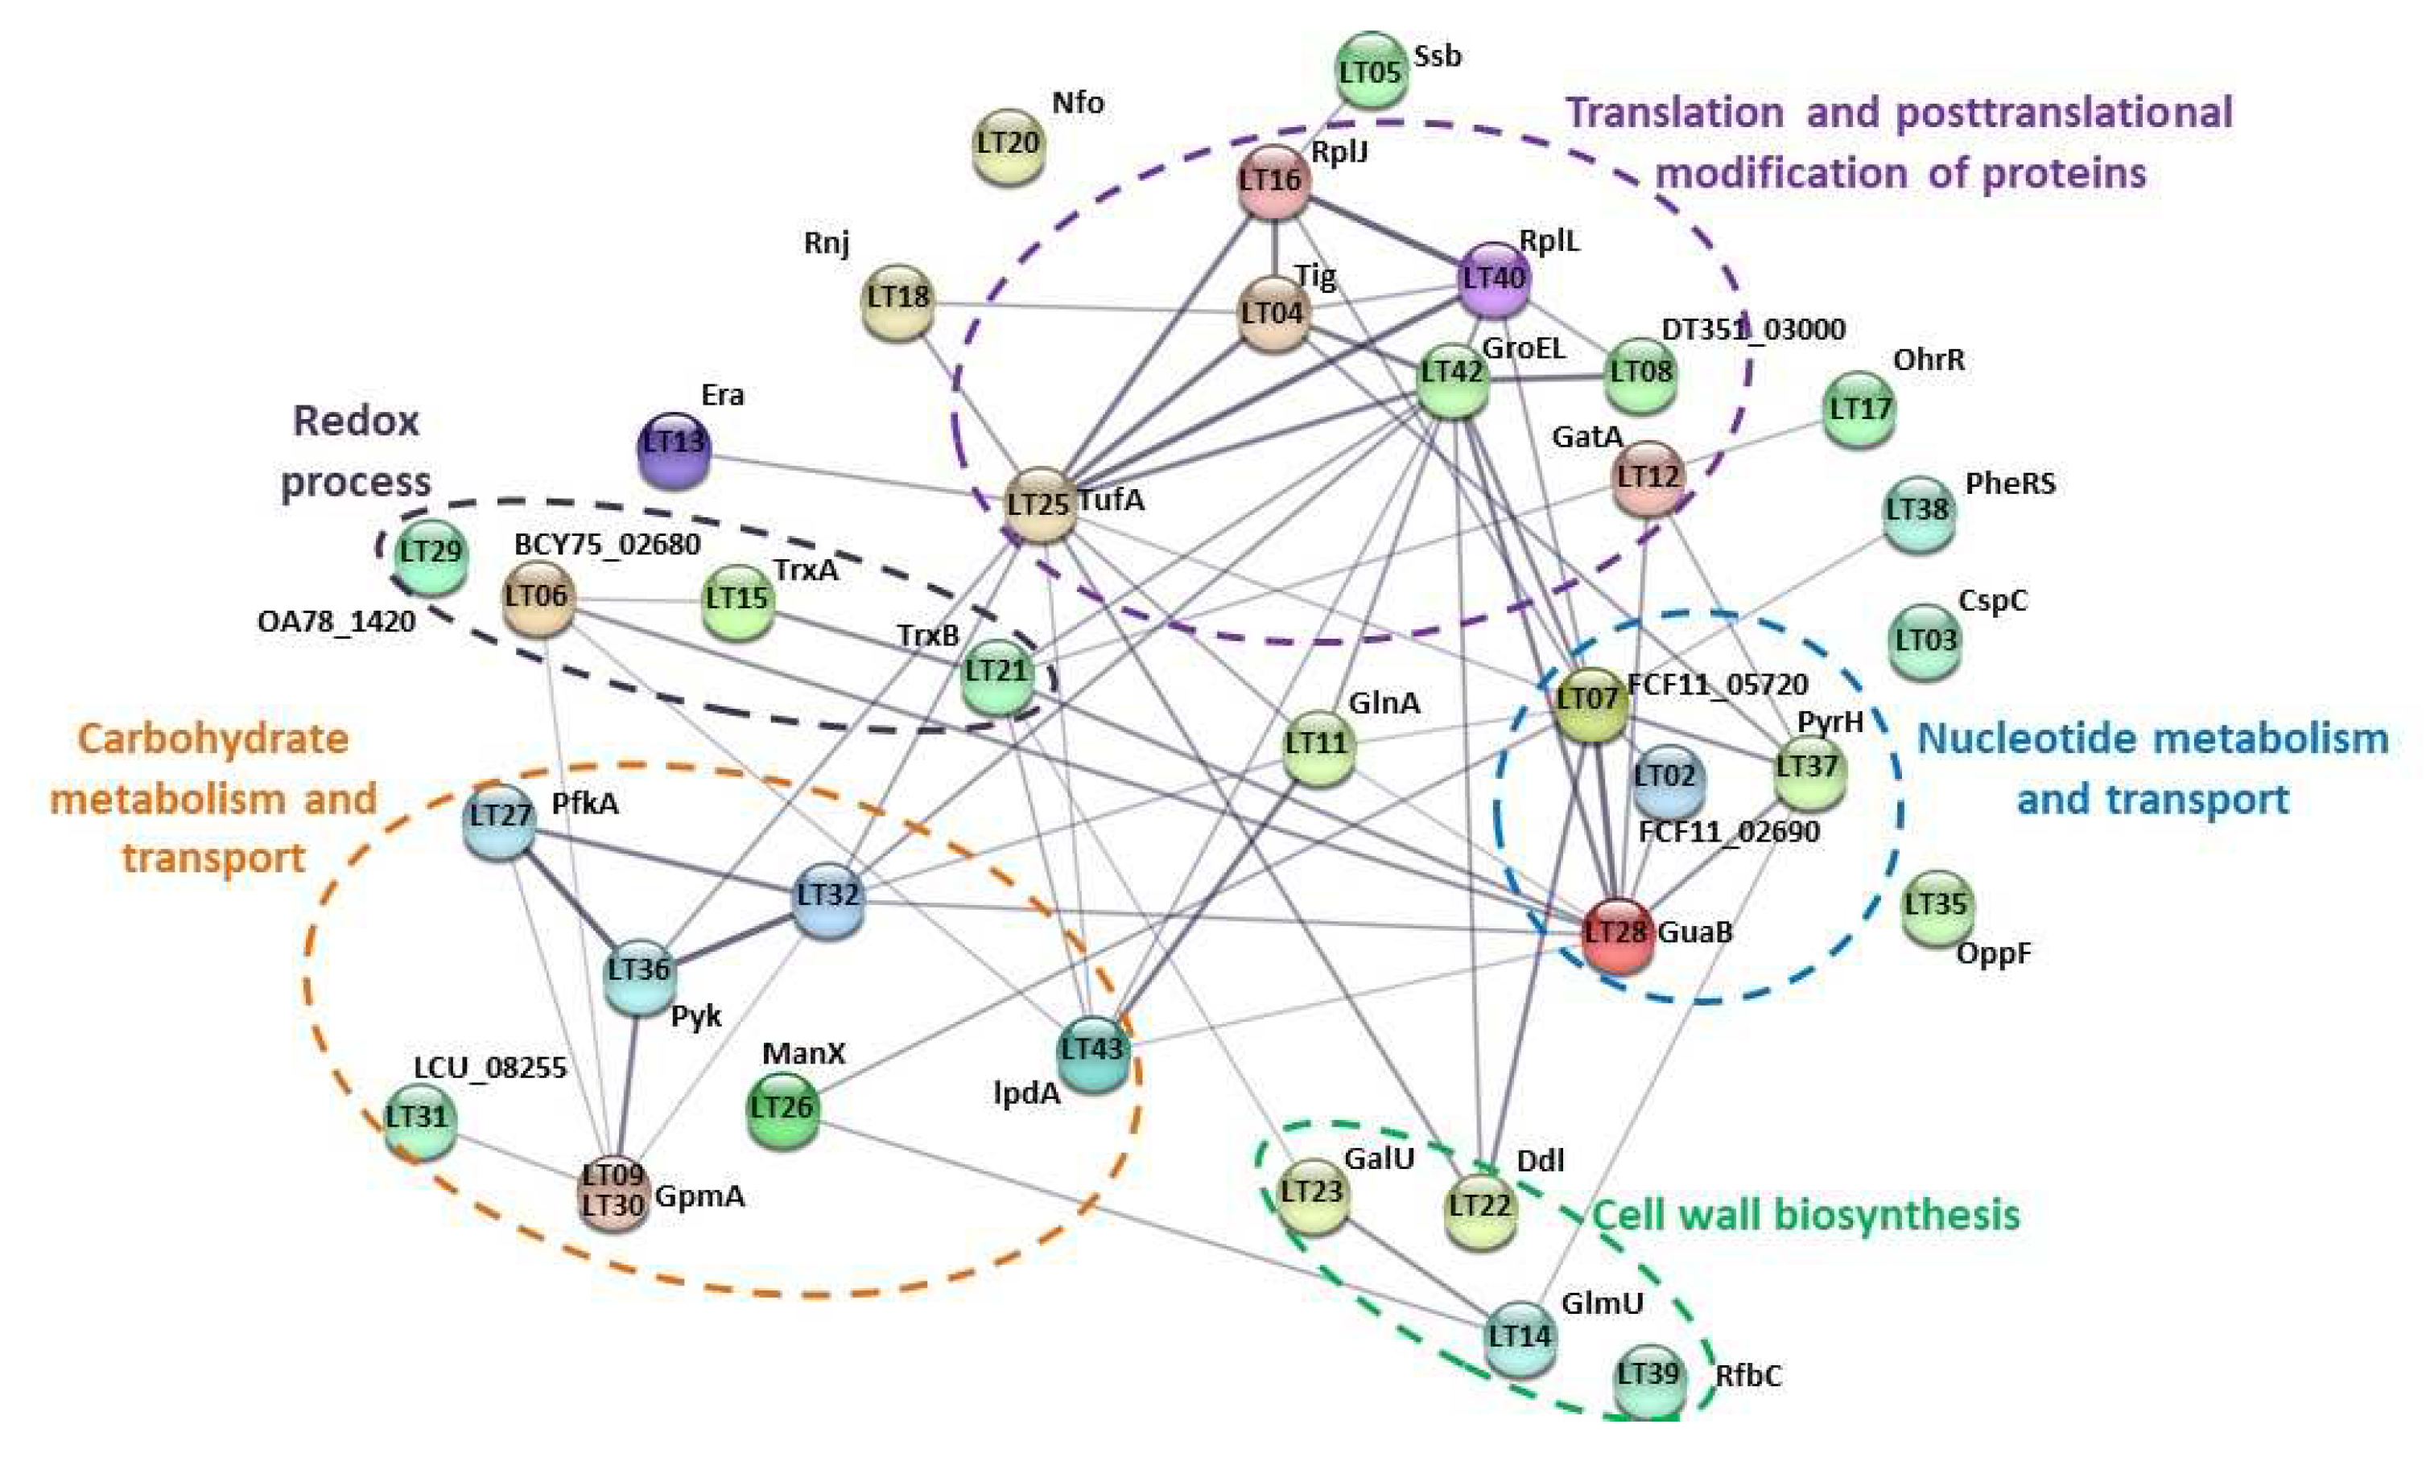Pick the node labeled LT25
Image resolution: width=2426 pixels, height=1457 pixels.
click(1039, 504)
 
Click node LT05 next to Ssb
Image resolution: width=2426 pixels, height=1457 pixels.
click(1370, 71)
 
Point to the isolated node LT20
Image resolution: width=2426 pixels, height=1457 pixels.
click(1008, 146)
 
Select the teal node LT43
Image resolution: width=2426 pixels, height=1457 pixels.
click(1092, 1051)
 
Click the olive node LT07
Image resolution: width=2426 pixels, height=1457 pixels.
click(1588, 701)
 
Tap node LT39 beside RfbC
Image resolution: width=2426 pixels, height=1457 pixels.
click(1648, 1376)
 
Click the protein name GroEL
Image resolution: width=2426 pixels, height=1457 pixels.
click(1524, 348)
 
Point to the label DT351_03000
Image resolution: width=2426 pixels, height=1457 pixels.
click(1752, 329)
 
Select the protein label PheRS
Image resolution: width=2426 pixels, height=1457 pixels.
click(2010, 483)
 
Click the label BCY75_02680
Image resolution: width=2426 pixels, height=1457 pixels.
click(607, 544)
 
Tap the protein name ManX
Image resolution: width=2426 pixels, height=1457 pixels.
click(803, 1053)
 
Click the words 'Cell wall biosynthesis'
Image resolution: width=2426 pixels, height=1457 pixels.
click(1805, 1216)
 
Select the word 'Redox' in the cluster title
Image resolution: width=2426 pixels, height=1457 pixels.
click(356, 422)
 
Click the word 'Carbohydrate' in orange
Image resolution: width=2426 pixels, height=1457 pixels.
click(213, 739)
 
